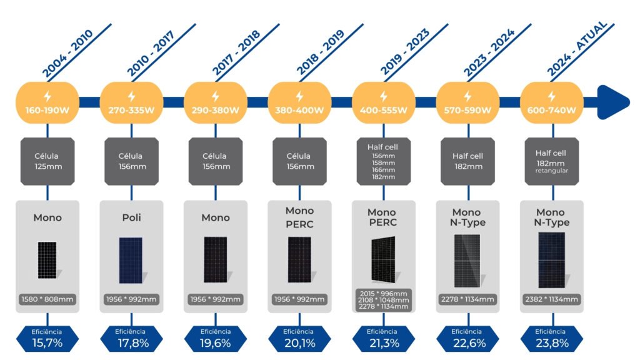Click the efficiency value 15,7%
[47, 342]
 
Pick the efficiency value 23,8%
[551, 342]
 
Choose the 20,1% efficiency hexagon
[299, 339]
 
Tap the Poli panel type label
[131, 217]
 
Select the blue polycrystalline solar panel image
[131, 260]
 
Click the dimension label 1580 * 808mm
[47, 299]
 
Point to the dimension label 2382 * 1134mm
[551, 299]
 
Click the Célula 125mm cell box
[47, 161]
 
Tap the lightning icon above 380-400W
[299, 97]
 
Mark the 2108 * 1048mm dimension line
[383, 300]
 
